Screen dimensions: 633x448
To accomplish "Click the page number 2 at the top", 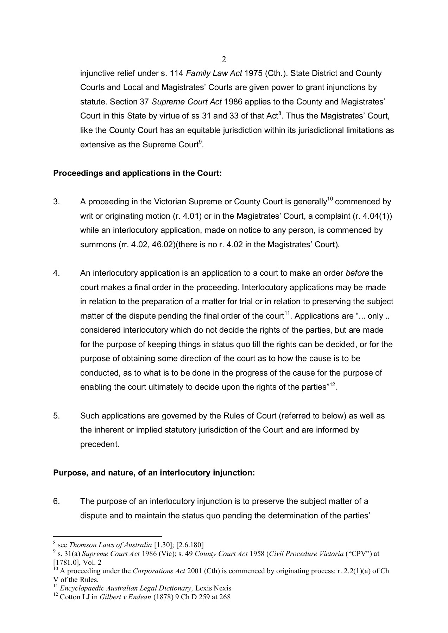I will (224, 60).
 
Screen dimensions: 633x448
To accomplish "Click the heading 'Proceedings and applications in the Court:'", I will (137, 173).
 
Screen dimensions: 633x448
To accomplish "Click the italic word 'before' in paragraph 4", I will (357, 273).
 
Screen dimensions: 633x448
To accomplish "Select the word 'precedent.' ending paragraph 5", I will (100, 445).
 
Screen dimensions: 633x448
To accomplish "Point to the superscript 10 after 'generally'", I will (330, 199).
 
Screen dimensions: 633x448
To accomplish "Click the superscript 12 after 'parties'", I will (333, 385).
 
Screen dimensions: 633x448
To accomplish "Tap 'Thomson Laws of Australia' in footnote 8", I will (111, 545).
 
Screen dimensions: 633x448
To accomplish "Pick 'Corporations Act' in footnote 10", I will (159, 571).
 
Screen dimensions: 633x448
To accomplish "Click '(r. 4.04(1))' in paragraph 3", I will (372, 216).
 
